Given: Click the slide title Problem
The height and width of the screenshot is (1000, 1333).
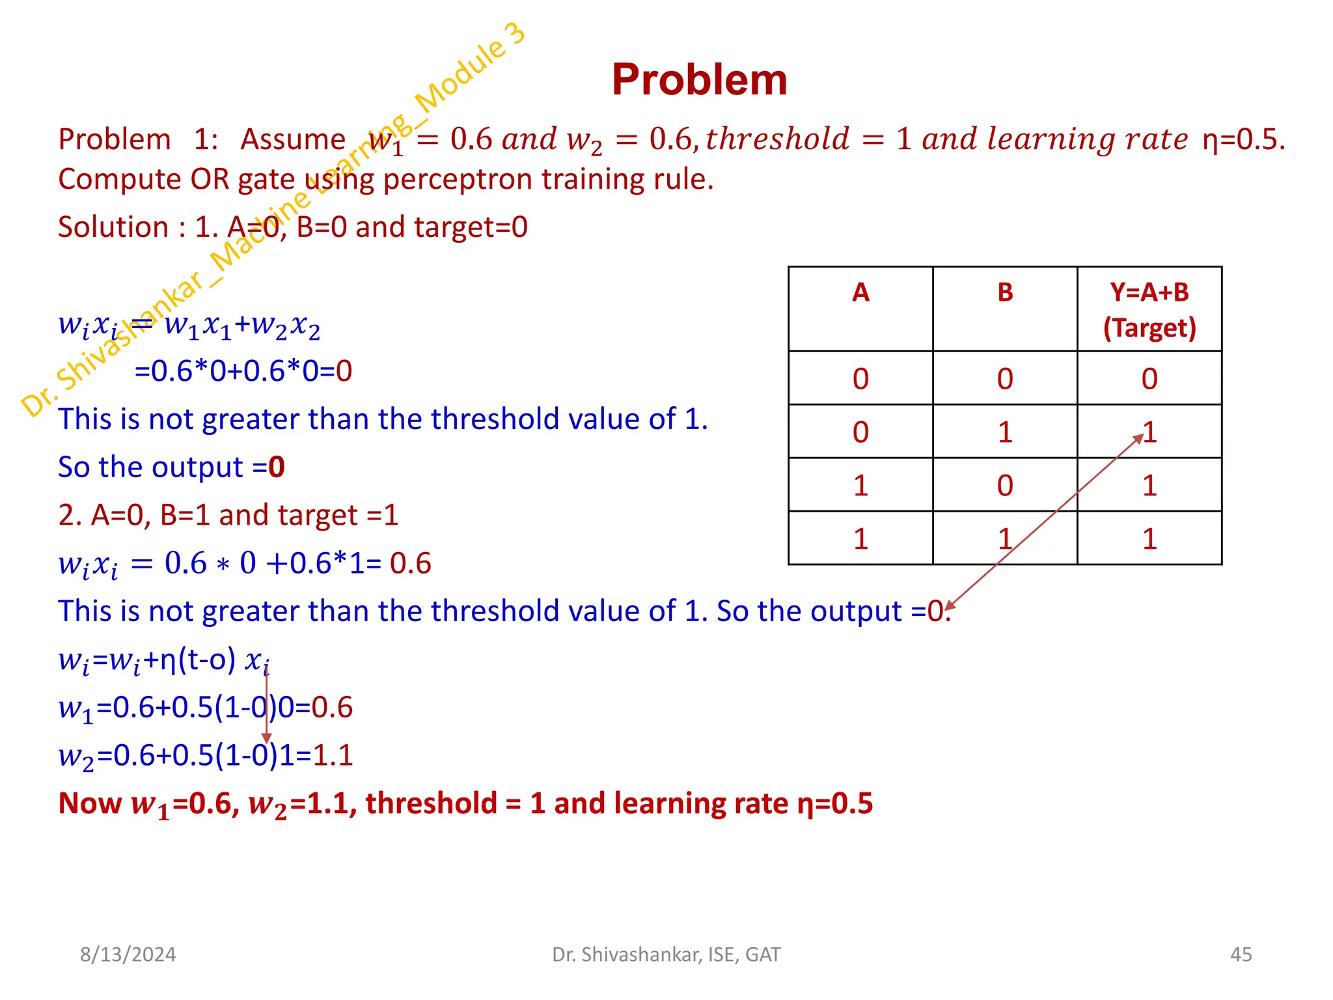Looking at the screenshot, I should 699,80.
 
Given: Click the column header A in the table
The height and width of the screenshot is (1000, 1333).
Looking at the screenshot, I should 860,292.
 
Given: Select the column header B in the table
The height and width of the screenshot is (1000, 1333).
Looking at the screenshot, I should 1005,292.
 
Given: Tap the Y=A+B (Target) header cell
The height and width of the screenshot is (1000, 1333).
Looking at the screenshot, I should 1149,310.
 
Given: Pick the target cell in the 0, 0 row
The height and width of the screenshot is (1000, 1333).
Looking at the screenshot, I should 1149,379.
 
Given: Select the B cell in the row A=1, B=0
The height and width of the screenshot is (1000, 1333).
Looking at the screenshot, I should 1005,486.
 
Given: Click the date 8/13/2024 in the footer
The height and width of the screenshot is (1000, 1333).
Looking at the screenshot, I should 128,954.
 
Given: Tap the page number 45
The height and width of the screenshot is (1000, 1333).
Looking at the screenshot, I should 1241,954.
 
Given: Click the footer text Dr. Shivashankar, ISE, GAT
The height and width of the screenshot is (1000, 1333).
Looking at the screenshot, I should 666,954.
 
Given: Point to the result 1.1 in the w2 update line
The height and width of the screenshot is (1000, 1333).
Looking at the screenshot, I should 333,756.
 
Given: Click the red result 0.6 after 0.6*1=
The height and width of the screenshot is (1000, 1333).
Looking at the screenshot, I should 410,563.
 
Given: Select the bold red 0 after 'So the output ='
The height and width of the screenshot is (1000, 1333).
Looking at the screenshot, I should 277,467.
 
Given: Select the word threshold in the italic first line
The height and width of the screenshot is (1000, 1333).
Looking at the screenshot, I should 777,139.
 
